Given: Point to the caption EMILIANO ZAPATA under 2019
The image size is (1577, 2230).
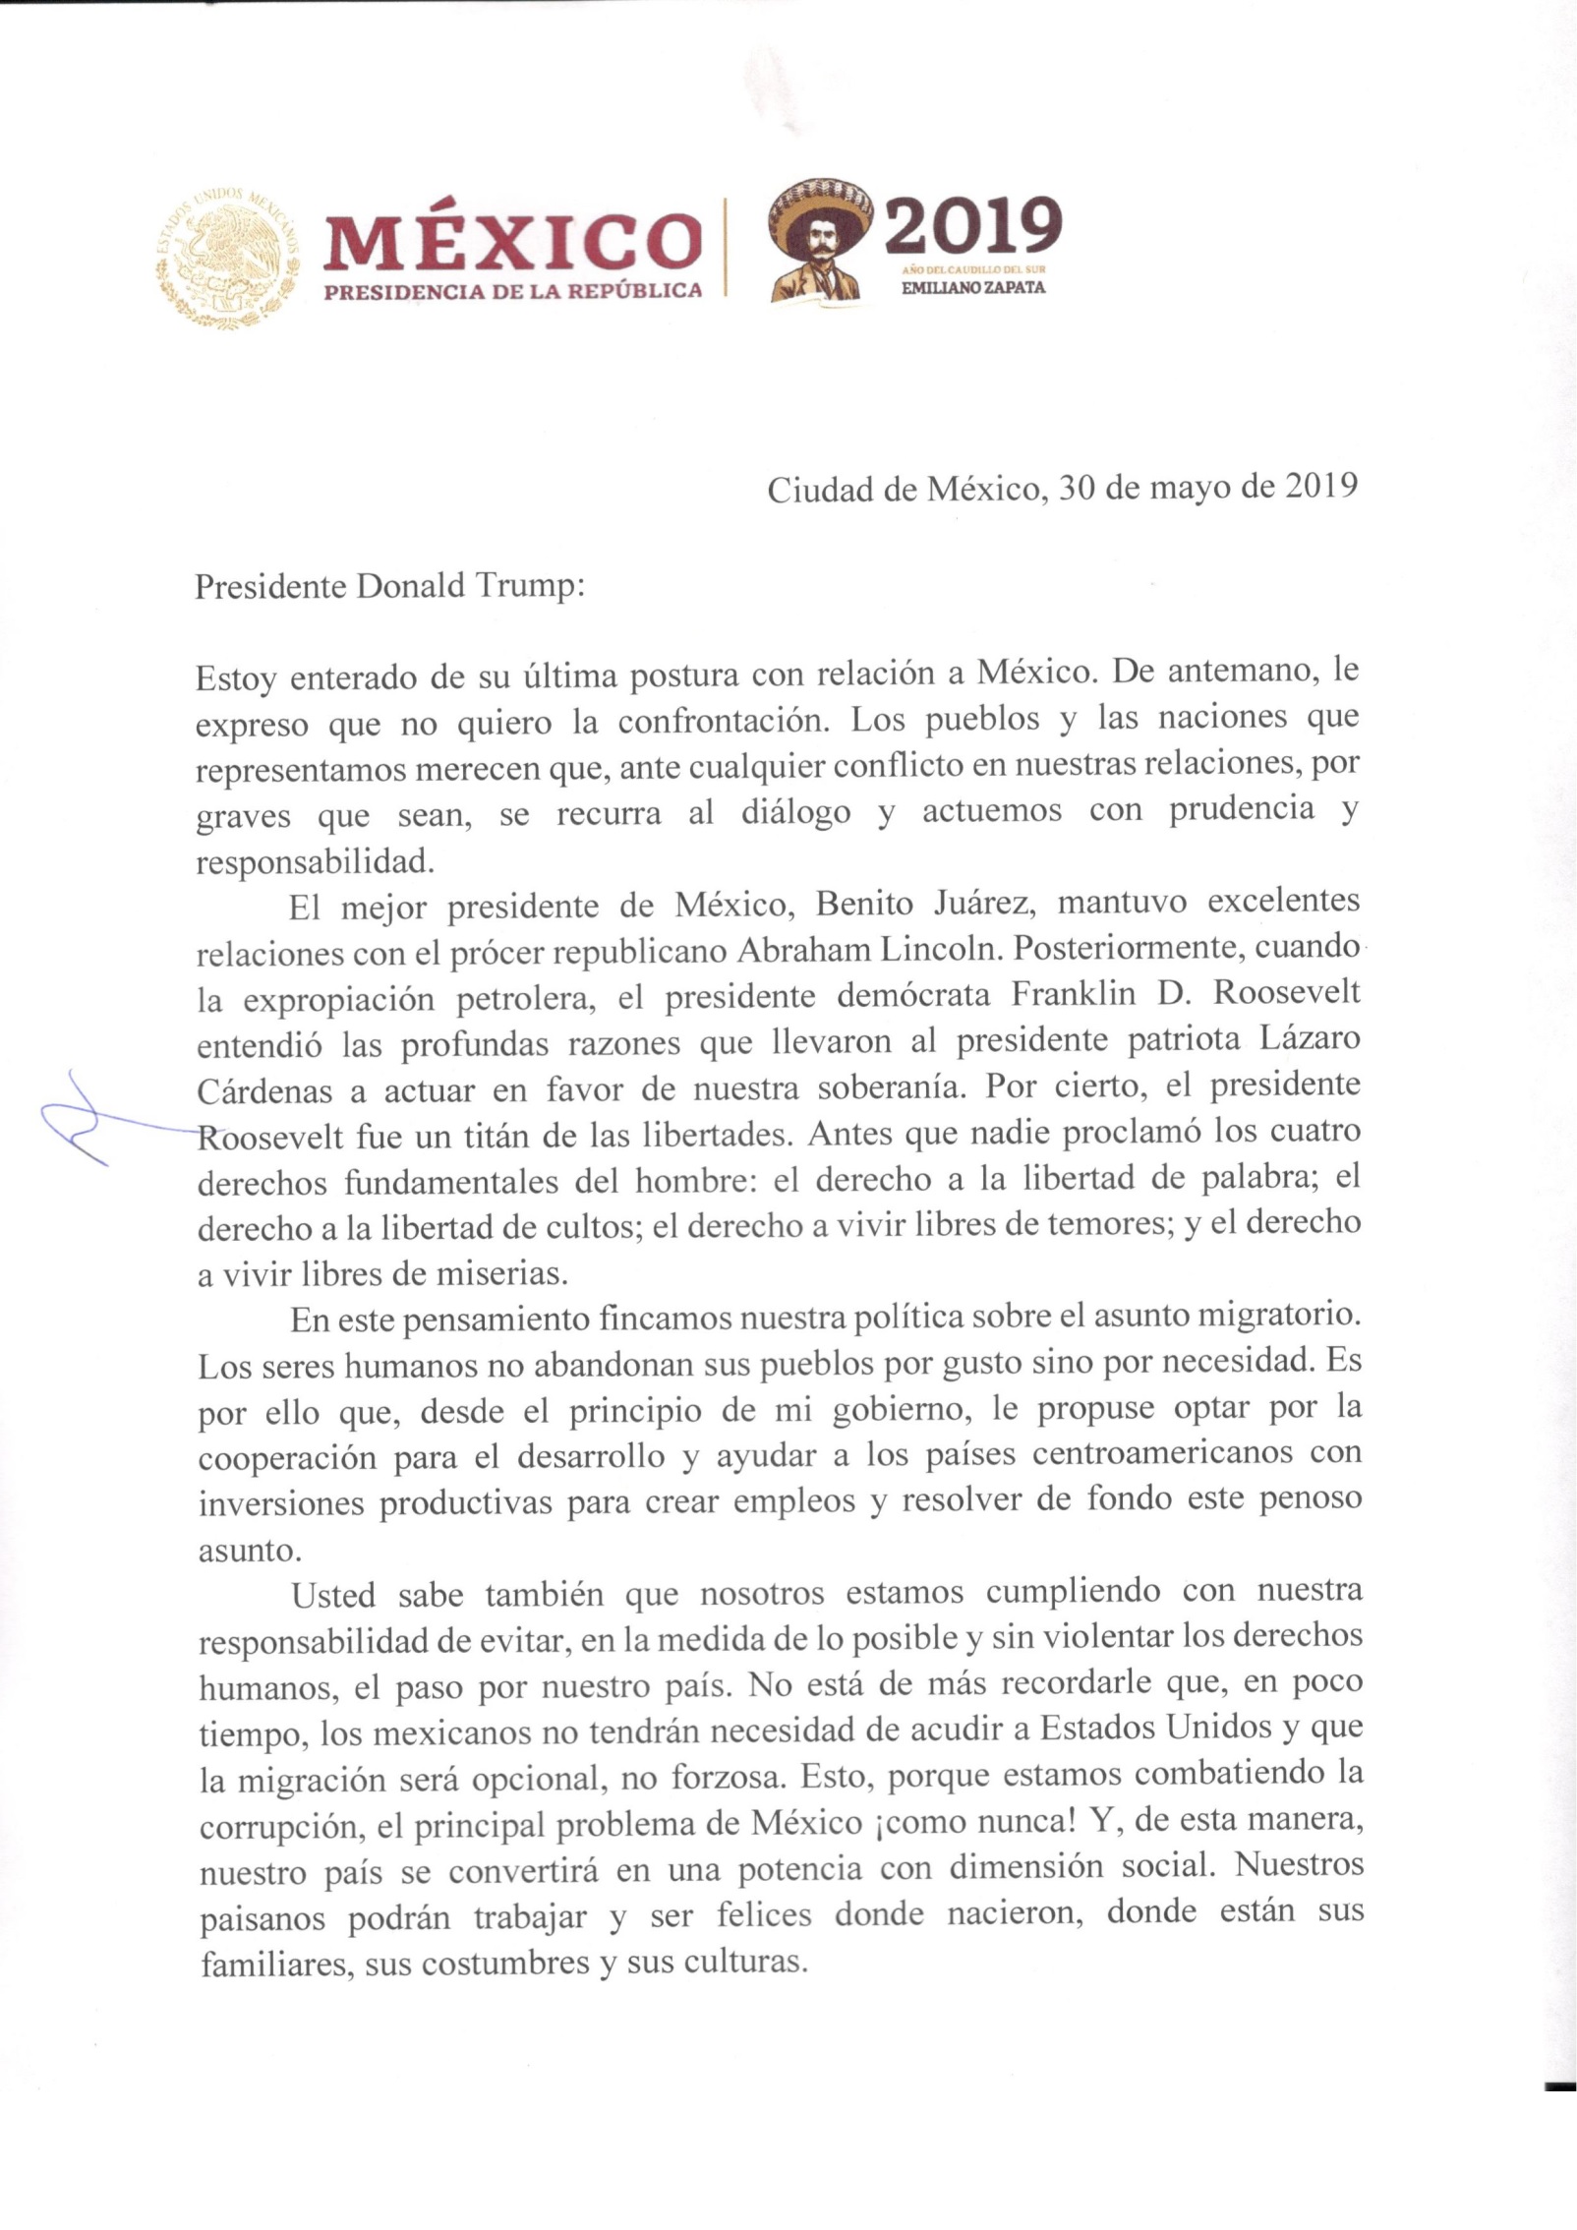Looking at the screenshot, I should click(x=973, y=289).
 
